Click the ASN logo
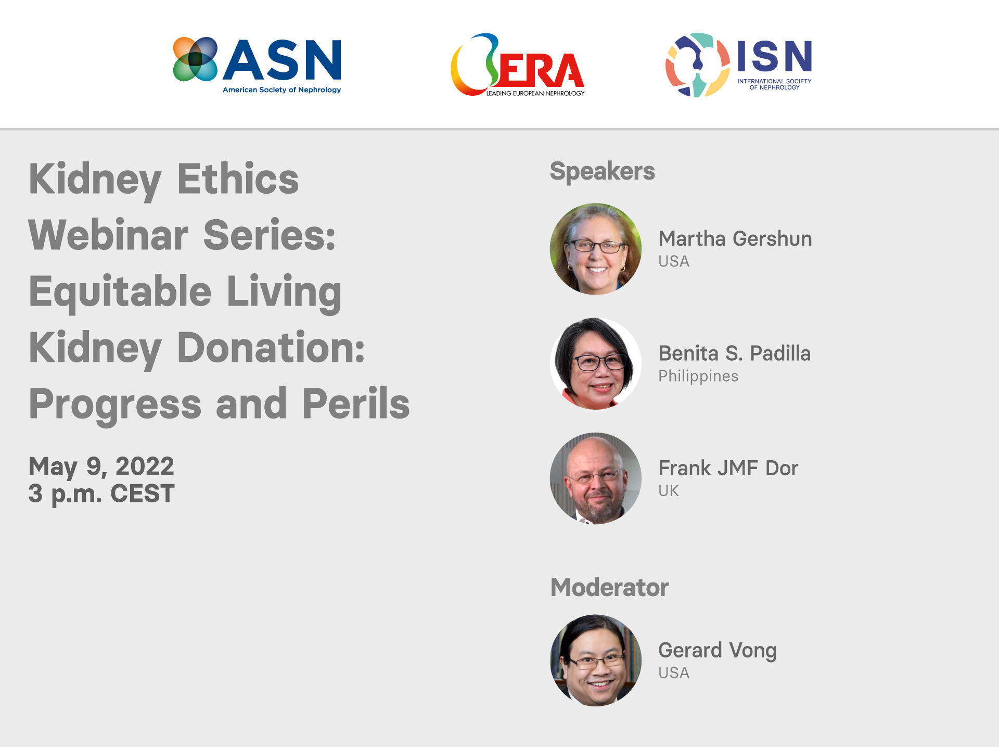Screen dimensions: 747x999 (x=257, y=65)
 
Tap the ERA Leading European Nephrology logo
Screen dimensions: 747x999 (x=518, y=66)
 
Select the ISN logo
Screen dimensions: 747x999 (x=738, y=65)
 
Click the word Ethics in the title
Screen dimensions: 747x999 (x=238, y=179)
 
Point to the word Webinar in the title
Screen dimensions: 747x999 (x=108, y=235)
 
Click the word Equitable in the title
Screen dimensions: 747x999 (x=120, y=292)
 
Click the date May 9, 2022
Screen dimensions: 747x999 (x=101, y=466)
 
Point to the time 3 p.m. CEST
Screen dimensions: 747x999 (x=101, y=493)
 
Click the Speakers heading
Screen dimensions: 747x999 (x=602, y=171)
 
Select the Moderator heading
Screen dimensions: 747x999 (x=609, y=588)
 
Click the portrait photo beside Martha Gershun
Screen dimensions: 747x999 (x=596, y=249)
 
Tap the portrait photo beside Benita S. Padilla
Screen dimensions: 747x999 (x=596, y=363)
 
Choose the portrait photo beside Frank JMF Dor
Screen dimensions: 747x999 (x=596, y=478)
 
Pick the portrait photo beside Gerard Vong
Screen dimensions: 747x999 (x=596, y=661)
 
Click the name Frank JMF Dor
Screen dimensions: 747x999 (x=728, y=468)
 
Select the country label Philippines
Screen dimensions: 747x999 (x=698, y=376)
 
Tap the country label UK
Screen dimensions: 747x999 (x=669, y=490)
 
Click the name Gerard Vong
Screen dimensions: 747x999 (x=717, y=650)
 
